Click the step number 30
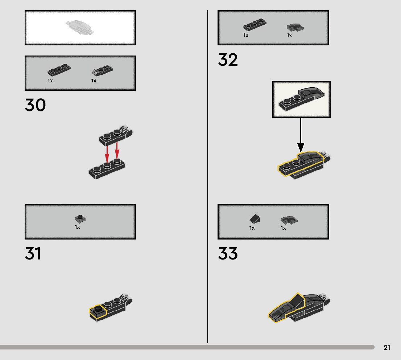pos(35,105)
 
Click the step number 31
pos(33,254)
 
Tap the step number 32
pos(228,60)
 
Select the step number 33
pos(228,254)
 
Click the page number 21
pos(387,348)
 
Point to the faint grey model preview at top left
pos(80,28)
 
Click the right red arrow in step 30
pos(117,150)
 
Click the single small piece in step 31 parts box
pos(80,218)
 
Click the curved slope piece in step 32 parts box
pos(295,27)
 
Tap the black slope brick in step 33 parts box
pos(255,218)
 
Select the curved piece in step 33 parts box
pos(289,220)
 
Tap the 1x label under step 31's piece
pos(77,227)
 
